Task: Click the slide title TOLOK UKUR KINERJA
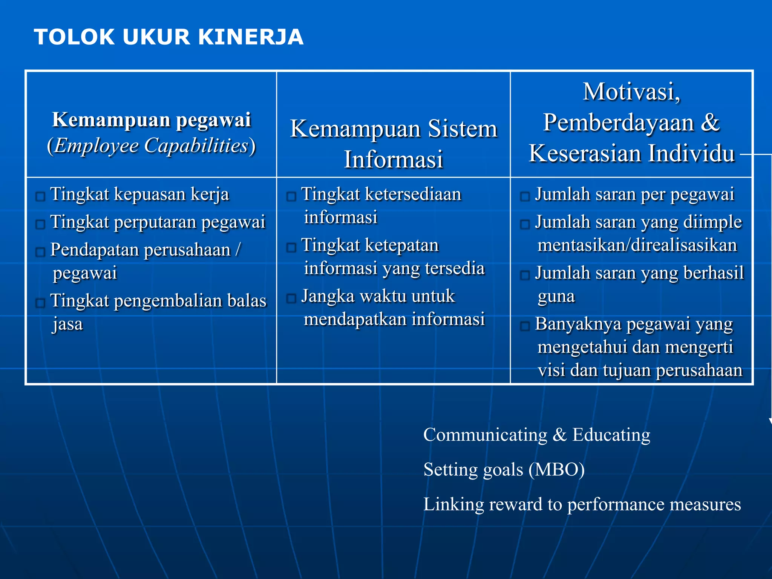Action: (168, 37)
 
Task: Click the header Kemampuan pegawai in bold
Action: (152, 120)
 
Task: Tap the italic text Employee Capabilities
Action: (151, 146)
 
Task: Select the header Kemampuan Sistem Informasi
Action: (394, 144)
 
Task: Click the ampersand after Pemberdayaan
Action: (710, 123)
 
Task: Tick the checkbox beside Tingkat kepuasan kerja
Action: (40, 196)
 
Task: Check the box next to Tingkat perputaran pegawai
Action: (40, 224)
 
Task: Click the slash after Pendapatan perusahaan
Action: (238, 249)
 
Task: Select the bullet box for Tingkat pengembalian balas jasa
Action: (40, 303)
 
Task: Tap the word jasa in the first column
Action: (68, 324)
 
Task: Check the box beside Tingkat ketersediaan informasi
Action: (291, 196)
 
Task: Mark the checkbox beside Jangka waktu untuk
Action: (291, 299)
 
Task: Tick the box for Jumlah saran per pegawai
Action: (525, 196)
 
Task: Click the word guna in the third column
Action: (556, 296)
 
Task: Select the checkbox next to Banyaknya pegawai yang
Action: (525, 326)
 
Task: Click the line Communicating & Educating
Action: (536, 435)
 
